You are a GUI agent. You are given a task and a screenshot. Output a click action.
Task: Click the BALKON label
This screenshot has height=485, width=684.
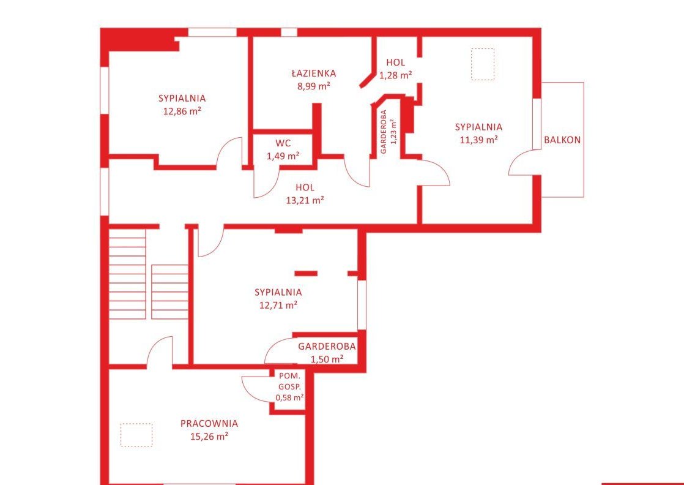tap(562, 140)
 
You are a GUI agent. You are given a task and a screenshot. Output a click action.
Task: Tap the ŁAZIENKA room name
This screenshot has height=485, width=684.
tap(314, 73)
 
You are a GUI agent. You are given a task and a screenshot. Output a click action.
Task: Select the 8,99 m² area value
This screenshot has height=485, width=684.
tap(314, 86)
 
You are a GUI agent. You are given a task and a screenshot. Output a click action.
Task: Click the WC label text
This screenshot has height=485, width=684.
tap(283, 143)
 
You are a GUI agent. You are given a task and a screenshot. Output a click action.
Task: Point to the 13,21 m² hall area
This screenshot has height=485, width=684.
tap(305, 200)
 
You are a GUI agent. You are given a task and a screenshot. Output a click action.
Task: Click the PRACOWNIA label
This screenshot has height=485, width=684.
tap(209, 423)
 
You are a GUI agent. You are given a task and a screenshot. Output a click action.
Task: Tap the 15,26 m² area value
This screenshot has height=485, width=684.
tap(209, 436)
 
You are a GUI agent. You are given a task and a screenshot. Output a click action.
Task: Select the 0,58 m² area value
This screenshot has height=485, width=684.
tap(289, 397)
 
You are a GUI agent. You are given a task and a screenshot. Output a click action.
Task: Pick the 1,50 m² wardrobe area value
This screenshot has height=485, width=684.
tap(327, 359)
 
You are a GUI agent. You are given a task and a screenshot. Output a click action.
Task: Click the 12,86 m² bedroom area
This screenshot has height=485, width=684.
tap(182, 111)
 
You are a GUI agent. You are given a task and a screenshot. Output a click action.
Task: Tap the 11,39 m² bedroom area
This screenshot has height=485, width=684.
tap(478, 140)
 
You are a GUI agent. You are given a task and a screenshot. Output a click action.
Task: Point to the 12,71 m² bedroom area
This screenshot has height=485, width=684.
tap(278, 305)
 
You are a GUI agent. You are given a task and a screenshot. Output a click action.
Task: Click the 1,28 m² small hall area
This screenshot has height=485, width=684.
tap(396, 75)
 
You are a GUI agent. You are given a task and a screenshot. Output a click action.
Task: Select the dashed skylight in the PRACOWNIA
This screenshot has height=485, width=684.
tap(136, 435)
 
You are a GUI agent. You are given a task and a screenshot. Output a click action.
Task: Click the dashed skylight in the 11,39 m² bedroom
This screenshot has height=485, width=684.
tap(483, 64)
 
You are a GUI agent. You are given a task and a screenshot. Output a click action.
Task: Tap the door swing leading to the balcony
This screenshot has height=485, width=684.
tap(514, 159)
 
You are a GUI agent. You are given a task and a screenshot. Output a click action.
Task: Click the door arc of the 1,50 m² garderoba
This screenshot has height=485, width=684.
tap(273, 344)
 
